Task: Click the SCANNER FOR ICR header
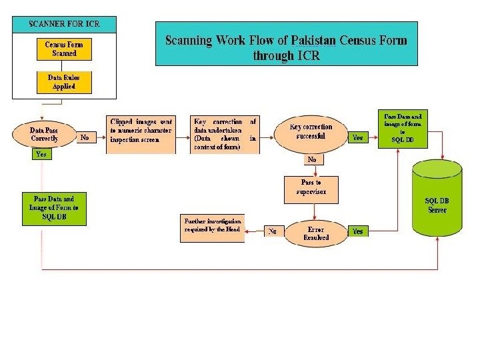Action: coord(64,25)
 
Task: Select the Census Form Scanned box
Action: coord(65,49)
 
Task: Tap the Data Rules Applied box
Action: coord(65,82)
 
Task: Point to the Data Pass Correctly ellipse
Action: coord(44,134)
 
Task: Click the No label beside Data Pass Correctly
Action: coord(85,137)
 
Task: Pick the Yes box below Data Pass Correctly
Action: coord(41,154)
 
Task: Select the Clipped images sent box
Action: coord(141,135)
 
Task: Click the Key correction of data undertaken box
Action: coord(225,135)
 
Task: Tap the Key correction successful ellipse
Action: coord(311,132)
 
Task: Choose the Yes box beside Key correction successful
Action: coord(358,137)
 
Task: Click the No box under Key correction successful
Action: coord(311,159)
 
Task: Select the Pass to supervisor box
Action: coord(311,189)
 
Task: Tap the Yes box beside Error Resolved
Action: coord(358,231)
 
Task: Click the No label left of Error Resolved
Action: coord(272,232)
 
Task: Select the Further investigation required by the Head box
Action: coord(213,228)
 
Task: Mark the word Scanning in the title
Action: coord(189,40)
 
